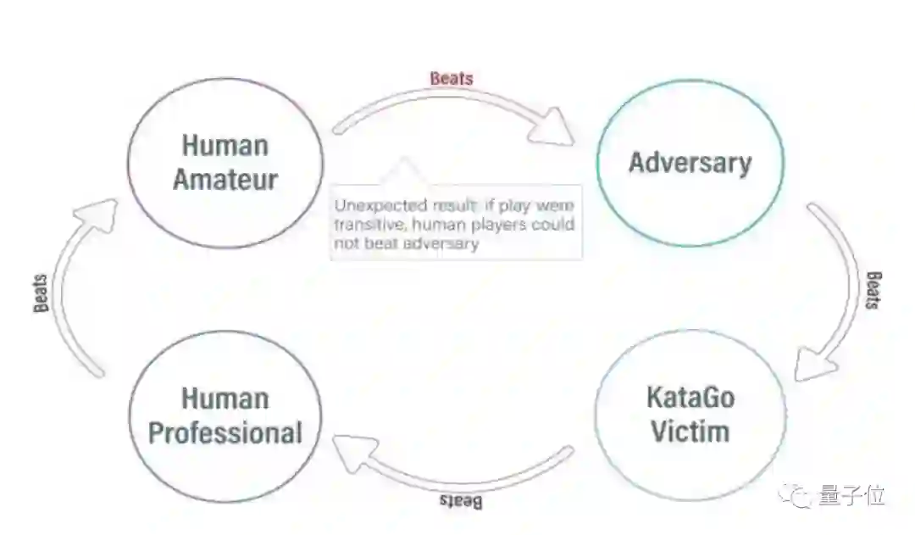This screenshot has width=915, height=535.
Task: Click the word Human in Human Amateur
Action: [x=225, y=146]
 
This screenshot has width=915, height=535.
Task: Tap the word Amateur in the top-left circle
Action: [x=225, y=179]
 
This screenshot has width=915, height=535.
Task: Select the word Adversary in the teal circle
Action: [x=690, y=162]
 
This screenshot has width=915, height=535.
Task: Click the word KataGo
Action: [x=690, y=397]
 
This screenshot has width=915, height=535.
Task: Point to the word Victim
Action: [x=690, y=431]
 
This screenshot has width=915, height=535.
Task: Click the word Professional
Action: [x=225, y=432]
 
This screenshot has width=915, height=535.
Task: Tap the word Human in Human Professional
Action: [x=225, y=398]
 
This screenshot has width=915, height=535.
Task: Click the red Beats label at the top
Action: [x=452, y=79]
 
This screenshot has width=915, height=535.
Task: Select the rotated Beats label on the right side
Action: [x=873, y=291]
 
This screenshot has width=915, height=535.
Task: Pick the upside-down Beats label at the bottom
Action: [x=461, y=502]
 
